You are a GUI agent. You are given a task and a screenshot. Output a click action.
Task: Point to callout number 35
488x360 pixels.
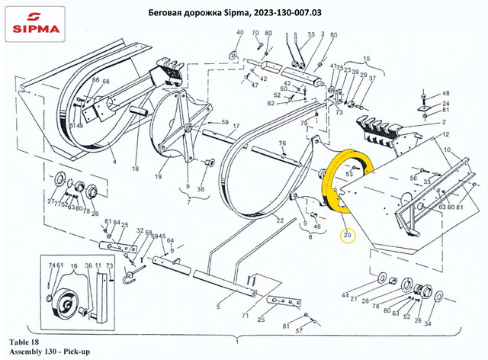point(311,34)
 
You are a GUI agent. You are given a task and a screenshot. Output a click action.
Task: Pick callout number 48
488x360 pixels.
point(446,94)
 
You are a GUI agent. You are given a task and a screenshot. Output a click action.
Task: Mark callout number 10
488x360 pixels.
point(447,149)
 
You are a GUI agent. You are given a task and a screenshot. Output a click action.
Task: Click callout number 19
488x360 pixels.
point(159,176)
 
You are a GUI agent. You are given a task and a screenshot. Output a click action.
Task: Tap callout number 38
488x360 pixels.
point(201,189)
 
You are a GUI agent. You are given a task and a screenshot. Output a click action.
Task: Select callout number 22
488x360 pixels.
point(280,220)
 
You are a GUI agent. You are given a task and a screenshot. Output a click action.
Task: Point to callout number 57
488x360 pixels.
point(299,333)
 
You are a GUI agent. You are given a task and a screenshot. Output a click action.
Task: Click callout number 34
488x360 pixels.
point(427,323)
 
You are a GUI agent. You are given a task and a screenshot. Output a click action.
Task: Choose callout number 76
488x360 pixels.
point(282,143)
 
